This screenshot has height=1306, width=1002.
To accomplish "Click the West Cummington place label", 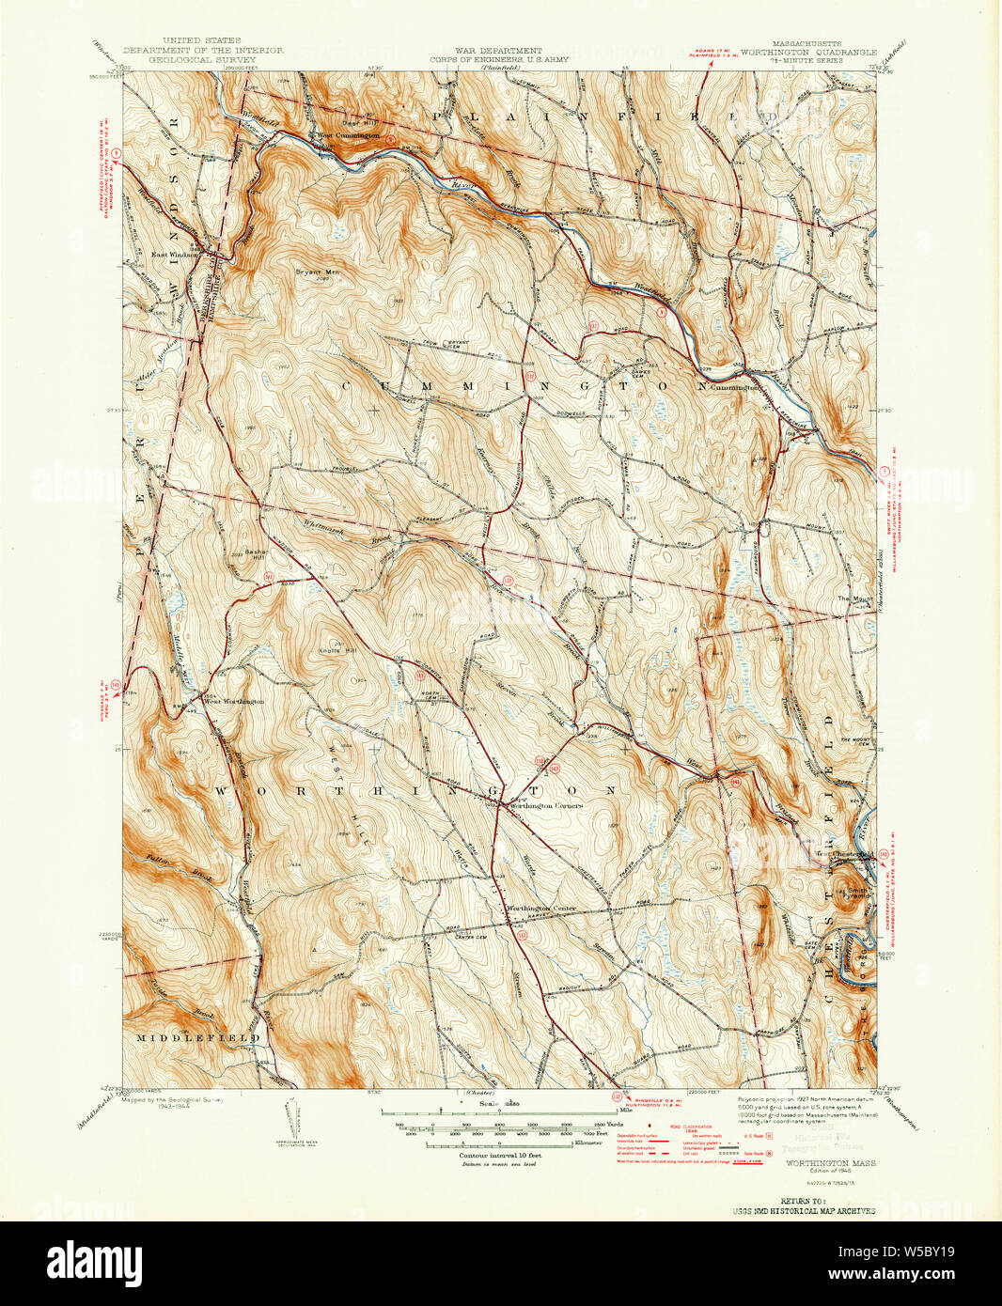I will pyautogui.click(x=348, y=135).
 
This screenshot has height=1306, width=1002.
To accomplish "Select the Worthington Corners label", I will pyautogui.click(x=545, y=805).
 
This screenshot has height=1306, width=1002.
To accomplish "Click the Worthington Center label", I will pyautogui.click(x=540, y=909).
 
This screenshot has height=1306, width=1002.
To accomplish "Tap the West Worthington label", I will pyautogui.click(x=235, y=701).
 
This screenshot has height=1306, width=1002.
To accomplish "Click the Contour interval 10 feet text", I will pyautogui.click(x=498, y=1155).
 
